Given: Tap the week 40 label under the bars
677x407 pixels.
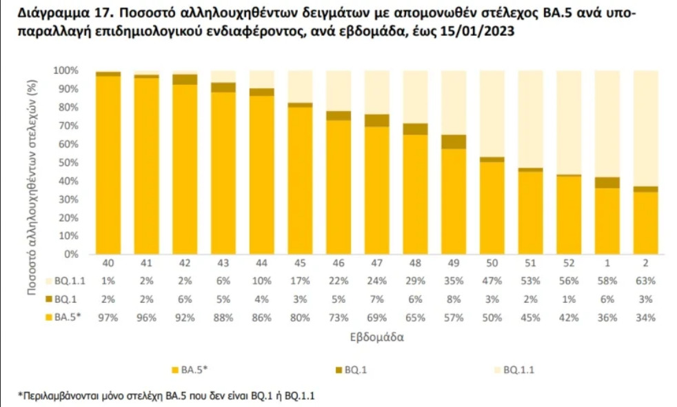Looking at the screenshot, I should click(x=108, y=264).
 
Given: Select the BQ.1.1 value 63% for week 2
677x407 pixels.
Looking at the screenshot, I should click(x=647, y=281).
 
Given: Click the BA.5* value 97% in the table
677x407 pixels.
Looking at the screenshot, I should click(x=108, y=317).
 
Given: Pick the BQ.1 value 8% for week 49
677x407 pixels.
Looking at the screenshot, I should click(x=454, y=299).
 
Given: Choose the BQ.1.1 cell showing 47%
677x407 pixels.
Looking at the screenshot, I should click(x=492, y=281).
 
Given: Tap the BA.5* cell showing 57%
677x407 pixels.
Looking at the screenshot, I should click(x=454, y=317).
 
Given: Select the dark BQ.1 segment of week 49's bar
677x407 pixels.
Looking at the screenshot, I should click(x=454, y=141).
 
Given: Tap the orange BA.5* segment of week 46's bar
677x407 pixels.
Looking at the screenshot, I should click(x=338, y=187).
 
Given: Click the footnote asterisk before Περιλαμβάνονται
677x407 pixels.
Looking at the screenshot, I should click(x=20, y=396).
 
